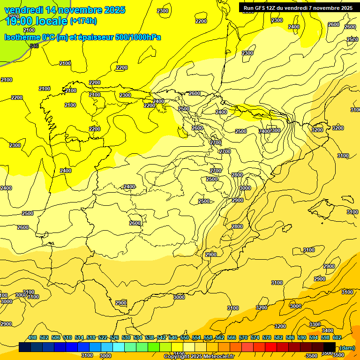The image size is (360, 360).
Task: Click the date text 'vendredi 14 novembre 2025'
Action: pos(65,10)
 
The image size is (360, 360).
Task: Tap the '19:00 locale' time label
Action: pos(36,21)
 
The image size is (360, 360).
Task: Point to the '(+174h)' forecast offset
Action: pos(83,21)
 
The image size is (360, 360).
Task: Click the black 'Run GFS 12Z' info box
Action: pos(298,7)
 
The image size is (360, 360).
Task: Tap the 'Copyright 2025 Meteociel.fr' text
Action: pos(199,356)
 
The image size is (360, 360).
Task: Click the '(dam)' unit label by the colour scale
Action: pos(347,347)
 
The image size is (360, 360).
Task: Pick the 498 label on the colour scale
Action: pos(32,337)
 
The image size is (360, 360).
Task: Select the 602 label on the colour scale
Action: pos(337,337)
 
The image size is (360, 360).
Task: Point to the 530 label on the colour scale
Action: pos(126,337)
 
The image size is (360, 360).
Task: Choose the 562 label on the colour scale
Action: pos(220,337)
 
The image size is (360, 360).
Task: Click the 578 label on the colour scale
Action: pos(267,337)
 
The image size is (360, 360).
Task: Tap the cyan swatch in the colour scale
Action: pos(119,347)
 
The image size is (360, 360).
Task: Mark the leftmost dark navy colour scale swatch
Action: pos(25,347)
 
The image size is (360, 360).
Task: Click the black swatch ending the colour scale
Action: pos(330,347)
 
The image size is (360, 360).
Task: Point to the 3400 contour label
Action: pos(328,330)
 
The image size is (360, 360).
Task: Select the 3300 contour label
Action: pos(315,324)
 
